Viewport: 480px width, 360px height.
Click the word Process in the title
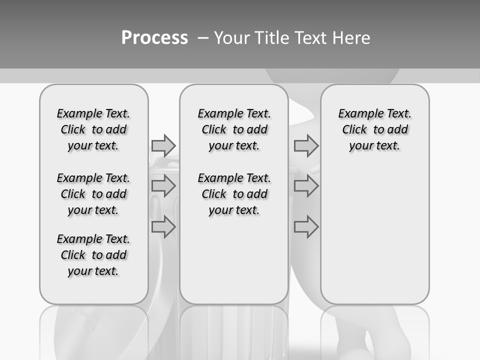pos(154,38)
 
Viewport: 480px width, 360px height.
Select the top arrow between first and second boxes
pos(163,145)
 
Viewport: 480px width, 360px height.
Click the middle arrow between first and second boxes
pos(163,186)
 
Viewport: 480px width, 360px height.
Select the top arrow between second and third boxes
pos(306,145)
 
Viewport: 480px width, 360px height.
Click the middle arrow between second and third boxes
pos(306,186)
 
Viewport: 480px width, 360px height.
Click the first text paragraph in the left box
pos(93,129)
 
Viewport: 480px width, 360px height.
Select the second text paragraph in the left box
pos(93,194)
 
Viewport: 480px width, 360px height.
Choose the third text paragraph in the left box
pos(93,255)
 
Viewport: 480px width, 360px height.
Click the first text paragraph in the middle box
pos(234,129)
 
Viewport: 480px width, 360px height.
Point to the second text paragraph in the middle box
pos(234,194)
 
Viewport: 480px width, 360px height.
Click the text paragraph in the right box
pos(375,129)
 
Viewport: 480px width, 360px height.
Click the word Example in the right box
pos(357,114)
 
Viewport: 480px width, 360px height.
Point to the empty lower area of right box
pos(375,235)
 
